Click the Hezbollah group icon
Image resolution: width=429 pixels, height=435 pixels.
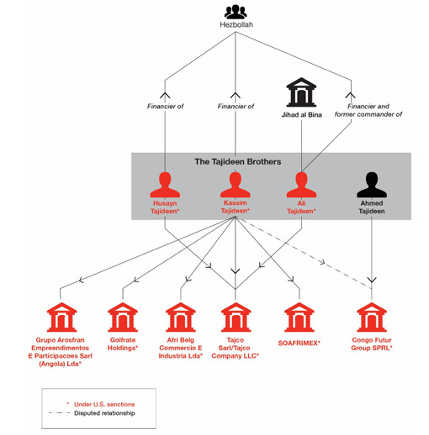[x=236, y=12]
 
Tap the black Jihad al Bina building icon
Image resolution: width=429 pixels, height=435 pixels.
[x=301, y=92]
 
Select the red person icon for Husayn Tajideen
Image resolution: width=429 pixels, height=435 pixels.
[x=165, y=185]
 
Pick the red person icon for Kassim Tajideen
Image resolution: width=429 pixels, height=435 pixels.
[x=235, y=185]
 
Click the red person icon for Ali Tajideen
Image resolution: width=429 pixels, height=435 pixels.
[x=301, y=185]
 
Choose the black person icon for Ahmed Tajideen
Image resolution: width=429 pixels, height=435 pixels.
[x=372, y=185]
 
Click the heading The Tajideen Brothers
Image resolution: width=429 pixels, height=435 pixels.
[x=238, y=161]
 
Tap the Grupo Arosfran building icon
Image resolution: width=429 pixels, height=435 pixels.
[x=61, y=317]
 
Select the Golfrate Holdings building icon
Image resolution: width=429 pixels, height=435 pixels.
[x=123, y=317]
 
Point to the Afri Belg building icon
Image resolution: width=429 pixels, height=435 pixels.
[x=181, y=317]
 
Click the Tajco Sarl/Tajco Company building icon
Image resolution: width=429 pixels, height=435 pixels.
[x=236, y=317]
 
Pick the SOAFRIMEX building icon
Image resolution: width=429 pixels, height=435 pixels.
[x=299, y=317]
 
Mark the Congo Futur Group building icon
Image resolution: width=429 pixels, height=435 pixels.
[x=372, y=317]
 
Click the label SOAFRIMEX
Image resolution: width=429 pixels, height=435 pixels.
[x=299, y=343]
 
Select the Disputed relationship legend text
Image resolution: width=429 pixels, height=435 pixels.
[x=104, y=413]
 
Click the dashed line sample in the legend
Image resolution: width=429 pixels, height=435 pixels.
[x=59, y=413]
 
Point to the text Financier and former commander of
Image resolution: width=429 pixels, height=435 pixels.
[x=368, y=110]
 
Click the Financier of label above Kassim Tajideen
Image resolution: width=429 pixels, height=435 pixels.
[x=236, y=107]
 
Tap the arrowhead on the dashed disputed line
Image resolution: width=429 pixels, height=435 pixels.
[x=322, y=263]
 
